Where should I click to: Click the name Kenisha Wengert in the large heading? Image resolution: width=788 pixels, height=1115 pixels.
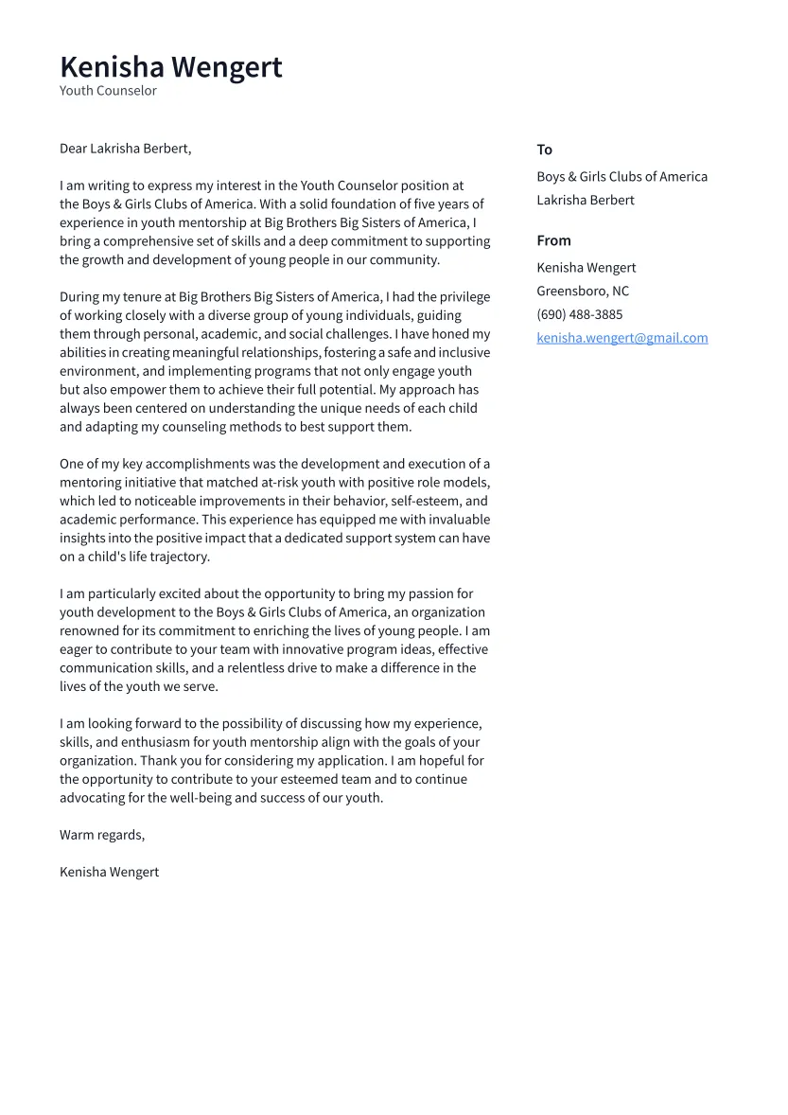tap(171, 67)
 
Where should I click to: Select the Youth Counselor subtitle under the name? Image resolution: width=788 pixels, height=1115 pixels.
tap(108, 91)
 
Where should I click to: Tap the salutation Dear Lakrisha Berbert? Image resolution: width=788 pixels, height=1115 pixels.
tap(125, 149)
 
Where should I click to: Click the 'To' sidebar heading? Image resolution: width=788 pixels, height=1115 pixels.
tap(544, 150)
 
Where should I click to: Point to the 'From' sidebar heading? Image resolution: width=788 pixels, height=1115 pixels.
tap(553, 240)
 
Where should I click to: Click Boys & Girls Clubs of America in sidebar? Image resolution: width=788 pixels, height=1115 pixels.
tap(622, 177)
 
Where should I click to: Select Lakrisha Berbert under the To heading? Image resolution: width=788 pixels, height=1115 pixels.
tap(585, 200)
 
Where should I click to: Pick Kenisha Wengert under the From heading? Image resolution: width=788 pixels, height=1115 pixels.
tap(586, 268)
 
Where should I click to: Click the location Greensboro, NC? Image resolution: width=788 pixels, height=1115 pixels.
tap(582, 292)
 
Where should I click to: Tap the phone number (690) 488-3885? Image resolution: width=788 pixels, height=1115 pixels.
tap(579, 314)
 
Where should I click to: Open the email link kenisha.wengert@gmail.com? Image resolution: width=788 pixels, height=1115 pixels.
tap(622, 338)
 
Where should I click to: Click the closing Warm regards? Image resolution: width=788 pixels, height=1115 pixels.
tap(102, 835)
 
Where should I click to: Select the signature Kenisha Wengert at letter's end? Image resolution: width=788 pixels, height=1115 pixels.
tap(109, 872)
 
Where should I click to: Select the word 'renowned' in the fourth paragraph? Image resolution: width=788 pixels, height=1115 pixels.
tap(88, 631)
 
